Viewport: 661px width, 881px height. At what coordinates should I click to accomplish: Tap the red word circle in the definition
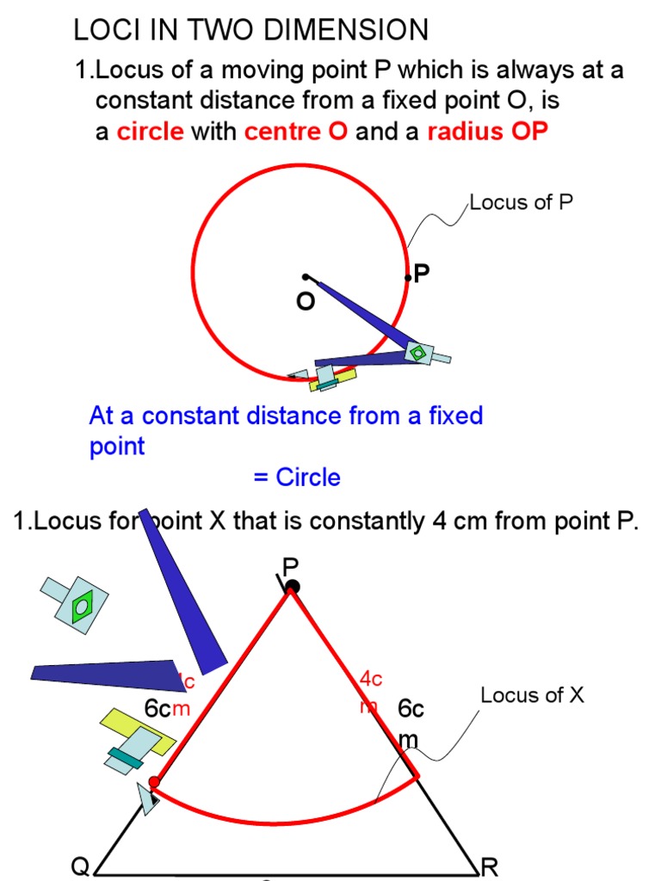(x=151, y=132)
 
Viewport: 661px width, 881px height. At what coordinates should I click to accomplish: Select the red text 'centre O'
(x=296, y=132)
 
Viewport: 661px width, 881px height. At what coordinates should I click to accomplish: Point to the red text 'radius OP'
(x=487, y=132)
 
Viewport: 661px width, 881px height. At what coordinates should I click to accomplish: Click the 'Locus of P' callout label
(x=521, y=203)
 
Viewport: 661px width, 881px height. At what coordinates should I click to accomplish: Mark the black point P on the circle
(x=408, y=278)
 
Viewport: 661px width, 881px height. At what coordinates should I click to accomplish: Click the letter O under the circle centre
(x=306, y=302)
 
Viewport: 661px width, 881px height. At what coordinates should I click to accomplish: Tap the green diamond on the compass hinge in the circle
(x=417, y=352)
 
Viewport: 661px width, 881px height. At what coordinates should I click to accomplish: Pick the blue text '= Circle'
(x=296, y=477)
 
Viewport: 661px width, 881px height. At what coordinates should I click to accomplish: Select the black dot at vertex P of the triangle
(x=293, y=587)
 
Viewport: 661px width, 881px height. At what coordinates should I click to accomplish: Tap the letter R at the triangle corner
(x=490, y=866)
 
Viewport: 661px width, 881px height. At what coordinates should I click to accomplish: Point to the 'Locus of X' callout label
(x=532, y=695)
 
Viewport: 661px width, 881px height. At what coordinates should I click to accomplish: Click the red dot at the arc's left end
(x=153, y=782)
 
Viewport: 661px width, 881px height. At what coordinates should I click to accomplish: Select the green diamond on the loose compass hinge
(x=81, y=607)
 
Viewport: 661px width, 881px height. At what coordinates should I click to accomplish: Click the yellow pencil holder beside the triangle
(x=129, y=731)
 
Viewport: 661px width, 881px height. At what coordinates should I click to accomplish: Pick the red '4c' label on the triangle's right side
(x=371, y=679)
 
